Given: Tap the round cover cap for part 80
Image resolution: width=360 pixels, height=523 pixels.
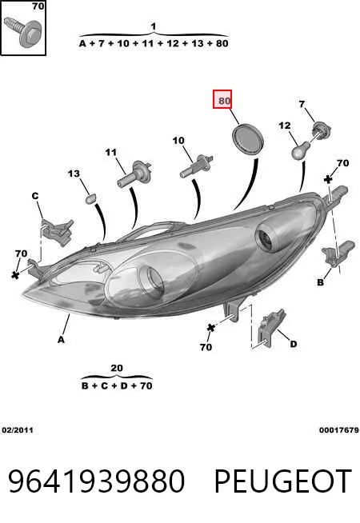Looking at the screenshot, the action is (x=247, y=139).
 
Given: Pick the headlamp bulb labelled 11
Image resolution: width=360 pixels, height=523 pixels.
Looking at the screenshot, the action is (x=134, y=174).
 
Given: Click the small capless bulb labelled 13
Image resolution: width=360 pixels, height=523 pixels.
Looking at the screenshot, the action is (x=90, y=199).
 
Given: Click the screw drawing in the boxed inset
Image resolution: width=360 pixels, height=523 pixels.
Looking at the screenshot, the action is (x=22, y=32).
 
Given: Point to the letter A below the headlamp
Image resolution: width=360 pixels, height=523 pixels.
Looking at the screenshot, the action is (x=60, y=340).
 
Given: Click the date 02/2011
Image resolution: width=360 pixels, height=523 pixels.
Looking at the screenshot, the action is (x=18, y=430).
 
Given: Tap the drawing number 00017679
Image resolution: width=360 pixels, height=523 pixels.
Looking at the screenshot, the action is (x=338, y=430).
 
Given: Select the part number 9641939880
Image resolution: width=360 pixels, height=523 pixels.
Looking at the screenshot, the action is (x=96, y=481).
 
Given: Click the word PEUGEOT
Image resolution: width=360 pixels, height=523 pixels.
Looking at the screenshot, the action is (x=282, y=481).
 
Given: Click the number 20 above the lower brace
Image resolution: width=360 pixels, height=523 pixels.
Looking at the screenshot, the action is (x=117, y=368).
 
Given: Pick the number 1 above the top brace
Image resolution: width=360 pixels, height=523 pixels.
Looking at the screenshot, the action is (x=153, y=26).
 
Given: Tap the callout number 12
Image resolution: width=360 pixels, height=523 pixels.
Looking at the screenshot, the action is (x=284, y=126).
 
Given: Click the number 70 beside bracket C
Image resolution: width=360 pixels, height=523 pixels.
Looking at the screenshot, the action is (x=21, y=254).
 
